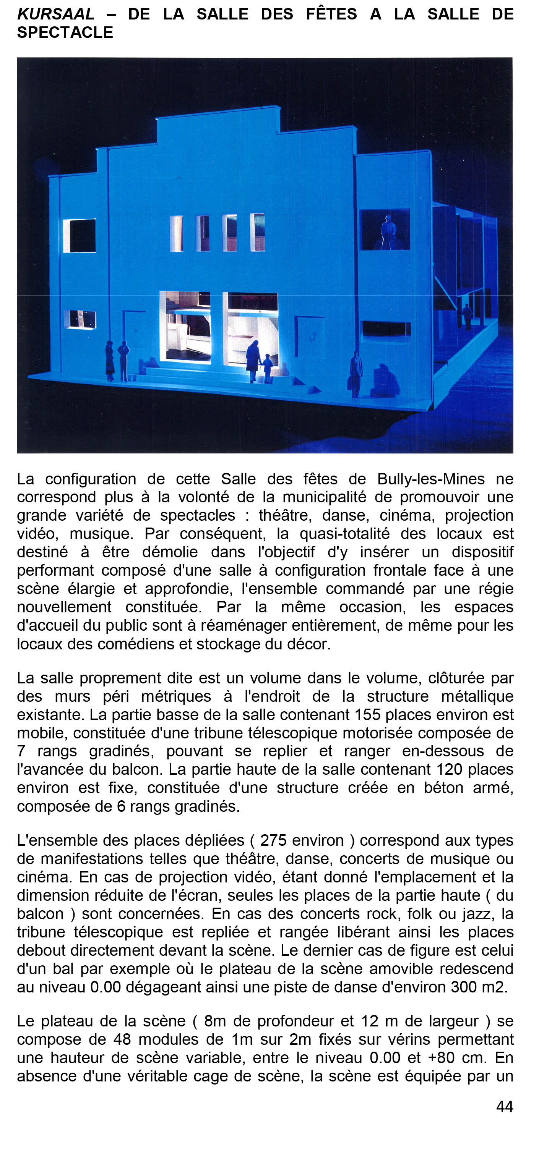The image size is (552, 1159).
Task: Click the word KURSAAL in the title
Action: point(56,15)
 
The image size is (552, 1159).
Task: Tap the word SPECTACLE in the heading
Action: point(65,33)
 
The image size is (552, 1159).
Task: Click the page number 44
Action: point(504,1106)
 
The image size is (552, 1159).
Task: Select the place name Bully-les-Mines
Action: point(431,479)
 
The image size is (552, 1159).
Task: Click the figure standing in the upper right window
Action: point(388,232)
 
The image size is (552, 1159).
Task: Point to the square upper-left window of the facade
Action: point(80,235)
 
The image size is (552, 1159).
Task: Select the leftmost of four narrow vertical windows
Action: point(176,233)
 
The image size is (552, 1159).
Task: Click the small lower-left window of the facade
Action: point(80,319)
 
